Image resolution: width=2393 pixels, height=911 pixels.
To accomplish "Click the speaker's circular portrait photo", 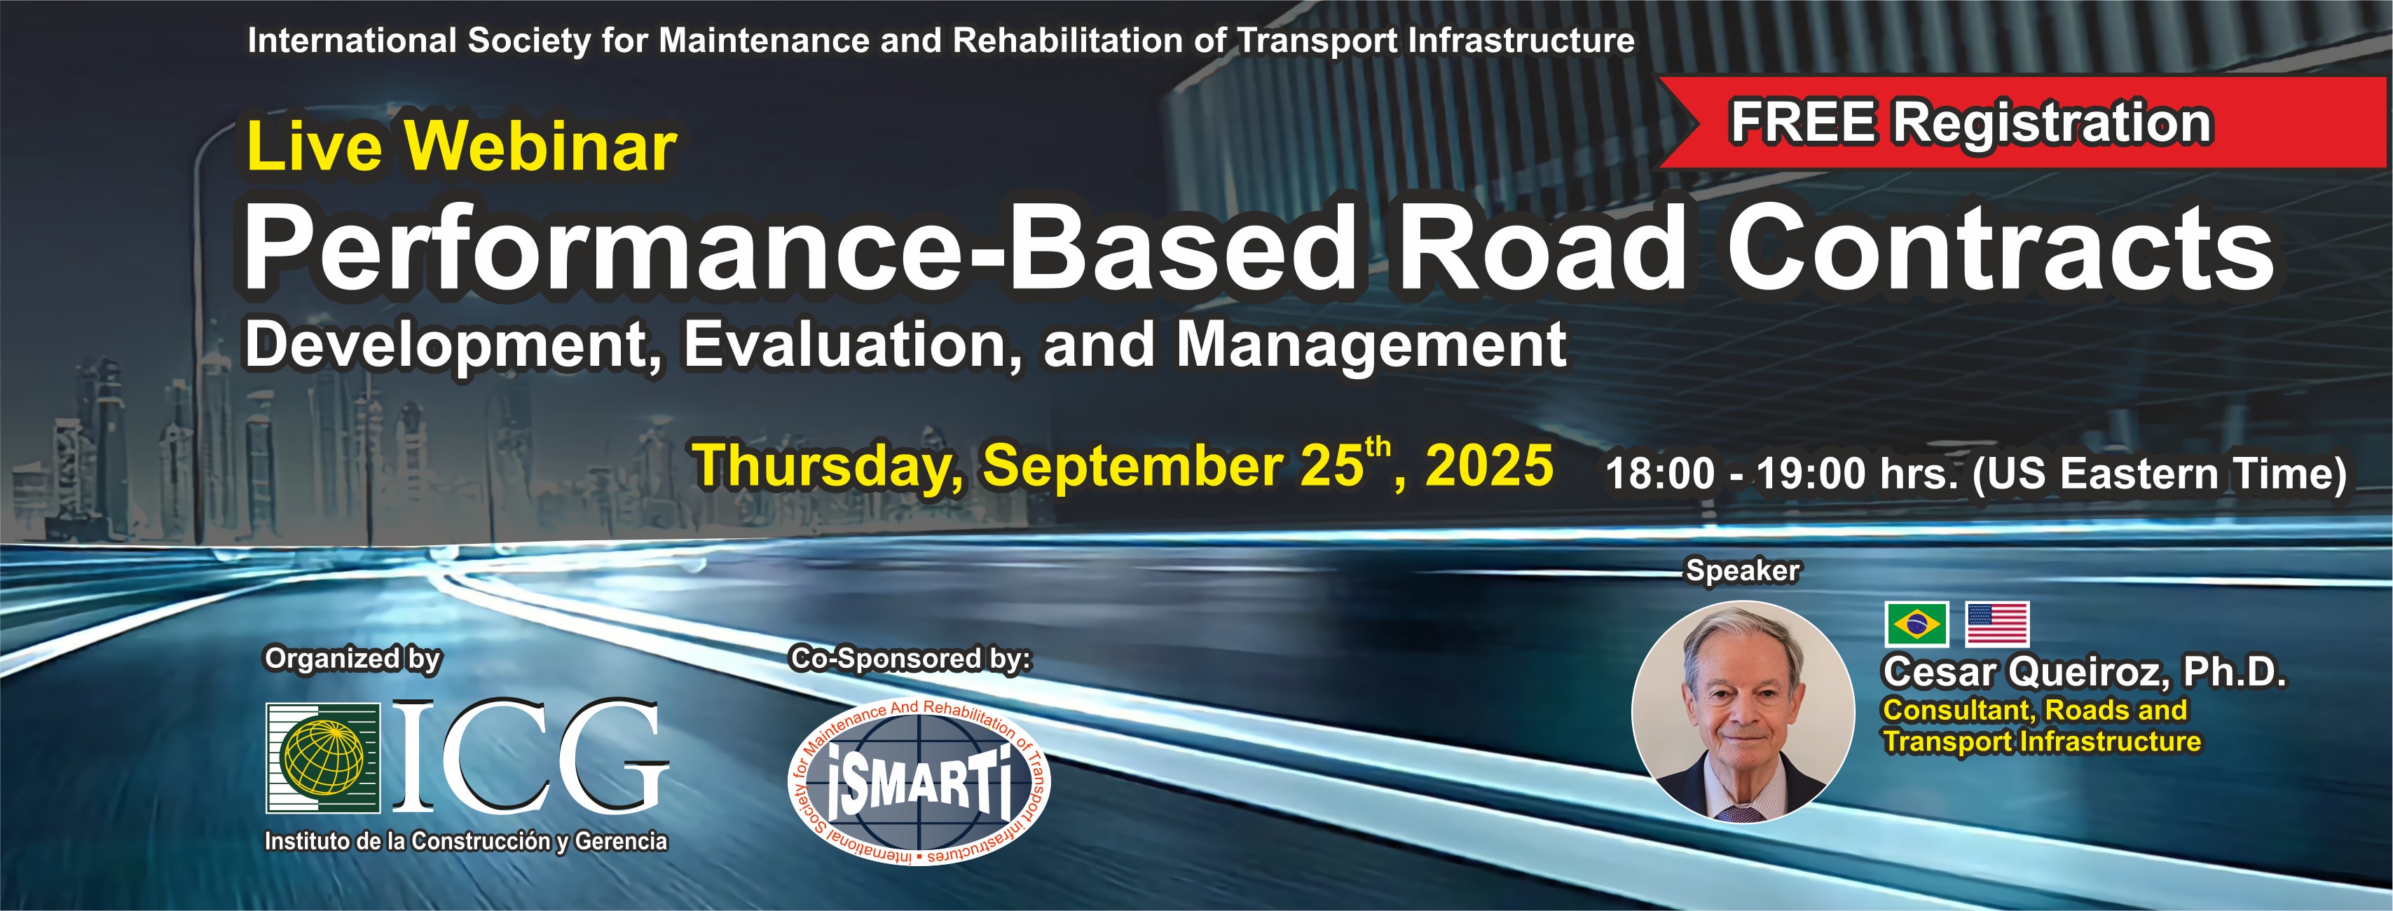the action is coord(1743,711).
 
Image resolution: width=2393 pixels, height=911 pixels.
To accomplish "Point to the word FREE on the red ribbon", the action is coord(1802,123).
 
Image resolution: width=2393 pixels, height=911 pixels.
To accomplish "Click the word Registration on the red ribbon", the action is coord(2052,123).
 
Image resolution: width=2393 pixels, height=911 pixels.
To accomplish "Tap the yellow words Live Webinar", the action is coord(462,146).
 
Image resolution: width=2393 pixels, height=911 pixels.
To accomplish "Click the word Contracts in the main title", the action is coord(2000,248).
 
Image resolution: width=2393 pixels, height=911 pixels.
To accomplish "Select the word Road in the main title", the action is coord(1542,248).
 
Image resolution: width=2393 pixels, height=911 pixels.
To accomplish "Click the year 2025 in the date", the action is coord(1489,465).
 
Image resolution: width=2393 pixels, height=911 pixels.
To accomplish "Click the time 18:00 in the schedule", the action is coord(1660,474).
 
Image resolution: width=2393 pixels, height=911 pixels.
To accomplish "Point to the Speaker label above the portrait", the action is coord(1743,570).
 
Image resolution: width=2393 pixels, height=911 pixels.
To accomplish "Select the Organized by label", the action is coord(353,659).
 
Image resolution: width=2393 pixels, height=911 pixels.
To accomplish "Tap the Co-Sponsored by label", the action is coord(910,659).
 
